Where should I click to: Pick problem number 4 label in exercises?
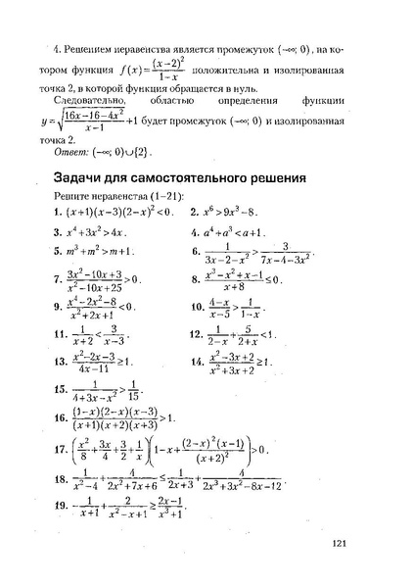[x=196, y=233]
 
